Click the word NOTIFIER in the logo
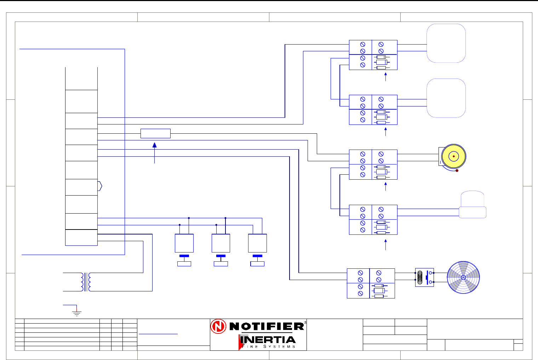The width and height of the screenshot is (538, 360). (x=267, y=326)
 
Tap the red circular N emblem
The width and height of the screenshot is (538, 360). (x=218, y=326)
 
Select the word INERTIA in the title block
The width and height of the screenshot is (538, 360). (x=268, y=340)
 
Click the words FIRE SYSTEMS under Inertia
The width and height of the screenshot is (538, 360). (x=269, y=347)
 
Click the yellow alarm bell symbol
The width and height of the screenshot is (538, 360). (x=453, y=156)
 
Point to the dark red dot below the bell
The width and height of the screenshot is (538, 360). (x=457, y=170)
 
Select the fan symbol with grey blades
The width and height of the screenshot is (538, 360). (x=463, y=278)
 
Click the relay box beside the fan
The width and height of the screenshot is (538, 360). (x=424, y=278)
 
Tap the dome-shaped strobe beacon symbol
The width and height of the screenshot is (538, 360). (x=473, y=205)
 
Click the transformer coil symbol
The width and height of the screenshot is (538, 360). (x=86, y=282)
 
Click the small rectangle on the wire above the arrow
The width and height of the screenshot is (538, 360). (x=155, y=133)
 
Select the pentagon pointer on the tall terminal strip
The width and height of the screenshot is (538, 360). (x=100, y=186)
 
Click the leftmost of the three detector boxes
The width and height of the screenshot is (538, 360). (x=184, y=243)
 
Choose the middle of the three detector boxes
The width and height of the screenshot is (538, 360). (x=221, y=243)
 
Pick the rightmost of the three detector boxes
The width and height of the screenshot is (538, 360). (x=257, y=243)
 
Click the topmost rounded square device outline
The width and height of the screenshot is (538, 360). (x=446, y=43)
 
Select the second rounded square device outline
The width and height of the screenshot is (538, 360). (x=446, y=98)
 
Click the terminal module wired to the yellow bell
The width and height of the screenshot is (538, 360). (x=373, y=164)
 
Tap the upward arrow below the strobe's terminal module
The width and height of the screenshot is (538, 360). (x=385, y=244)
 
